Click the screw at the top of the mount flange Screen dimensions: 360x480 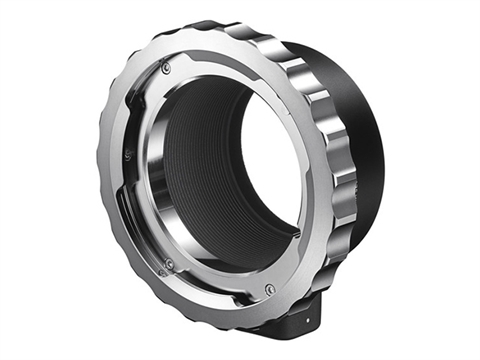tap(166, 67)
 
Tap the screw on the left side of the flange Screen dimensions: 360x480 tap(129, 154)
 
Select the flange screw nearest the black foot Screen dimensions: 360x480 tap(269, 291)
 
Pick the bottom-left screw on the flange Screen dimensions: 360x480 tap(169, 264)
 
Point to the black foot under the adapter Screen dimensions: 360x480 tap(295, 322)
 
